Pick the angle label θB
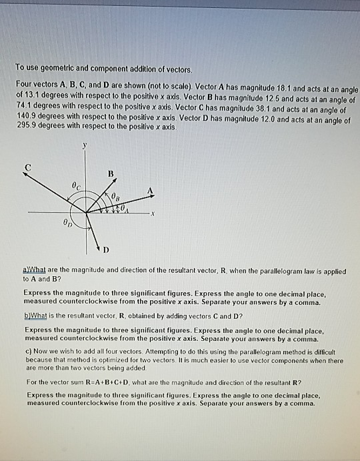[116, 195]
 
